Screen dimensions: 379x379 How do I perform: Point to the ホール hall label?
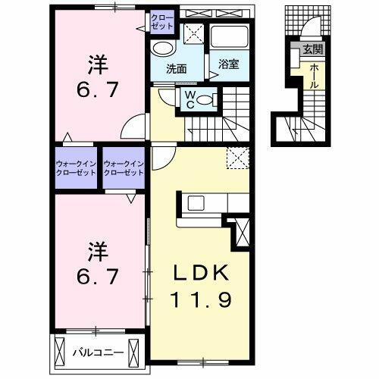312,76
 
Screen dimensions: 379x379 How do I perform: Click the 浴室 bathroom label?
229,64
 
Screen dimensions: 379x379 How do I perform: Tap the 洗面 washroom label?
177,68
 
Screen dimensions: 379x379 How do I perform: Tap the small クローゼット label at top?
161,20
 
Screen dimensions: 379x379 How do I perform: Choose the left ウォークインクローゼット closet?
76,168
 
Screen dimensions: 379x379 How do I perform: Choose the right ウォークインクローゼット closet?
124,168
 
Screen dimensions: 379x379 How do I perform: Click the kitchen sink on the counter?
196,202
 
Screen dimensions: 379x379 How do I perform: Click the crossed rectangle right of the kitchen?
243,231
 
